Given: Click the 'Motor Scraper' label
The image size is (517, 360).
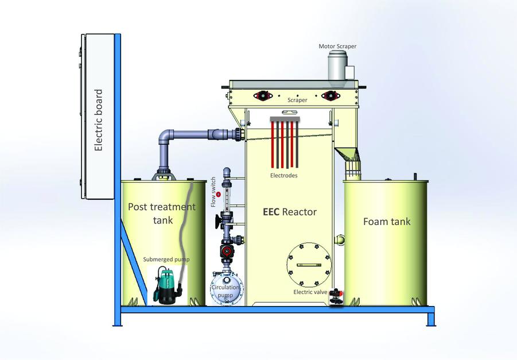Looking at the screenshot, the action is click(x=337, y=46).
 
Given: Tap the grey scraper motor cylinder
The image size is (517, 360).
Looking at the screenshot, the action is click(x=337, y=67).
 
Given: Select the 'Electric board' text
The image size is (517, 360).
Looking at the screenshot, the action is click(x=98, y=121).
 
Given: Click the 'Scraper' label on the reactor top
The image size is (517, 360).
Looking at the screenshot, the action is click(x=297, y=100).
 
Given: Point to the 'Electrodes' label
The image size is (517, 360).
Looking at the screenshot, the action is click(x=284, y=176).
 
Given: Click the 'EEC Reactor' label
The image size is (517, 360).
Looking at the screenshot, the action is click(x=290, y=212).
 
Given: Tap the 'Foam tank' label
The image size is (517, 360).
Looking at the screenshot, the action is click(x=387, y=222).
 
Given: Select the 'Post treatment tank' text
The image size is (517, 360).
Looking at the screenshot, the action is click(x=162, y=214).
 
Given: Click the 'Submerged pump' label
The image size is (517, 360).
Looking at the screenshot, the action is click(x=166, y=260).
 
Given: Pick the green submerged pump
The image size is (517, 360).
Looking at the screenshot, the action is click(x=168, y=286).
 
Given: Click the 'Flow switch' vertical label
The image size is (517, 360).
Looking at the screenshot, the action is click(x=213, y=192).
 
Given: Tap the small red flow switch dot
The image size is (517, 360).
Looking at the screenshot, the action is click(x=218, y=193).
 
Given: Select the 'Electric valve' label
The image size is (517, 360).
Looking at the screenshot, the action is click(x=310, y=292).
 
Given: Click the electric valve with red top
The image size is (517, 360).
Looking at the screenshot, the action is click(x=336, y=297).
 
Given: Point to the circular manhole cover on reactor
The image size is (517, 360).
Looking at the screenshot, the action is click(x=309, y=265).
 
